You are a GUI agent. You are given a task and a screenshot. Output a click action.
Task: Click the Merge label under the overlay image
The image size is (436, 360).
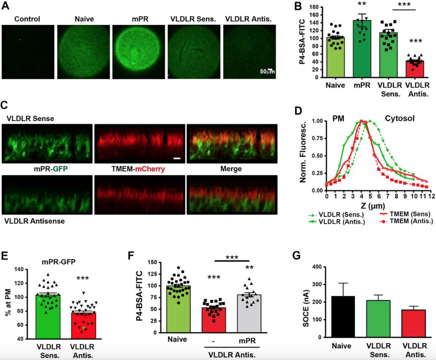pyautogui.click(x=231, y=169)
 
